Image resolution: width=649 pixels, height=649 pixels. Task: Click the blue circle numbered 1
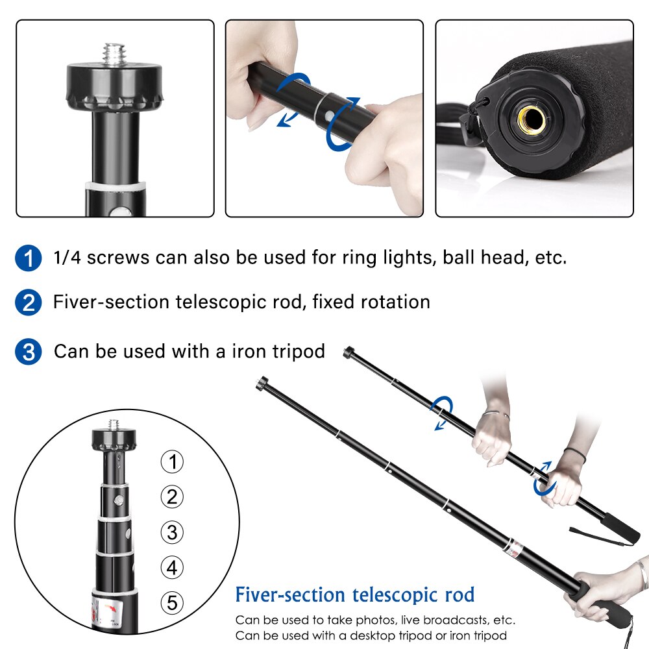click(28, 258)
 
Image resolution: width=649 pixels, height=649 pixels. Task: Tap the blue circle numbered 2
click(28, 302)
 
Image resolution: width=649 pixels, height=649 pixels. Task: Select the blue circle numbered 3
click(28, 352)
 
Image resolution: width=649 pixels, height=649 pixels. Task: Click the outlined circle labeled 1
click(172, 461)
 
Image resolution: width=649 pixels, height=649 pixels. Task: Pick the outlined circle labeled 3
click(172, 532)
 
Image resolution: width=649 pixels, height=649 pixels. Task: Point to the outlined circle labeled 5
click(172, 603)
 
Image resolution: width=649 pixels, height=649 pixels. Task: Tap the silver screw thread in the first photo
click(114, 54)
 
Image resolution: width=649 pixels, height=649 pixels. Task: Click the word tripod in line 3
click(299, 352)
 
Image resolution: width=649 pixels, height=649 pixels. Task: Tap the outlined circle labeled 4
click(172, 567)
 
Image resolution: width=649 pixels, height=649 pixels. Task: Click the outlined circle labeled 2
click(172, 496)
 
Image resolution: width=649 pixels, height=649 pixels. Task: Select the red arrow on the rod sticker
click(110, 608)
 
